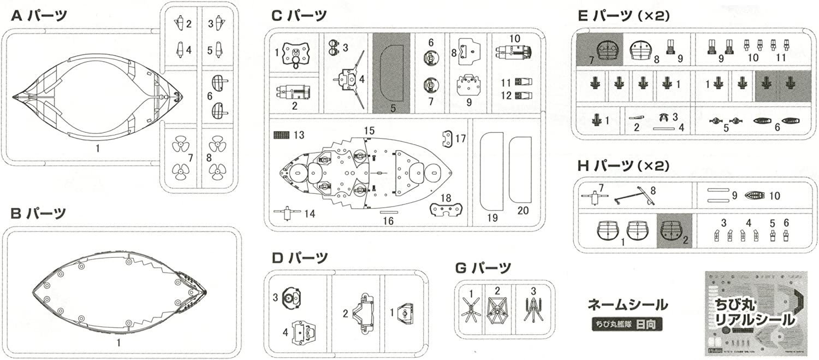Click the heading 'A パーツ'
[39, 16]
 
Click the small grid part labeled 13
[281, 134]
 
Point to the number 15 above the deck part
[369, 131]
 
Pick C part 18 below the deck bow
[446, 209]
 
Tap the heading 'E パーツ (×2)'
[624, 16]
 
